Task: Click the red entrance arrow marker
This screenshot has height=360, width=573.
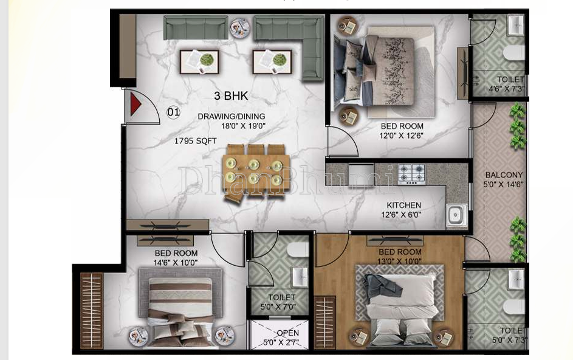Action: [x=136, y=105]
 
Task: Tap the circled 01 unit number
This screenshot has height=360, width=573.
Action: [x=174, y=112]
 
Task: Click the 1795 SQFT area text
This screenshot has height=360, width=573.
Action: [x=195, y=140]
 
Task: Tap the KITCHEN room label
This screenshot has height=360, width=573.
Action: [x=403, y=205]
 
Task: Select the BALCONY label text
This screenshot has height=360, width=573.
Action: [x=503, y=175]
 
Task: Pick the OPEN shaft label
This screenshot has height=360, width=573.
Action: [x=287, y=333]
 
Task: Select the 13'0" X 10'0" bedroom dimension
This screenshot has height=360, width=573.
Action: [x=399, y=261]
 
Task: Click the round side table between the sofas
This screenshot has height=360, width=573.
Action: [x=239, y=26]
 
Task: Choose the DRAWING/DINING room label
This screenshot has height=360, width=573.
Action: [x=232, y=116]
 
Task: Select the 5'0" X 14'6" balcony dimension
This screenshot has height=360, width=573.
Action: [x=503, y=184]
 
